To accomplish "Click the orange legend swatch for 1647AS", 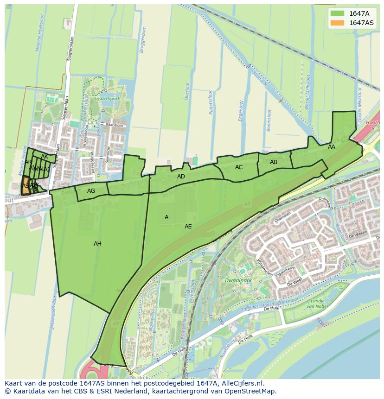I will (x=337, y=23).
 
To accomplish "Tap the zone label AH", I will (x=97, y=244).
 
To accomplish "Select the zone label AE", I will (x=188, y=227).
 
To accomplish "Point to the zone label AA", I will (x=332, y=147).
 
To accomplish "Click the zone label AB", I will (x=274, y=162).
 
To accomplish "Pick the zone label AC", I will (x=239, y=167).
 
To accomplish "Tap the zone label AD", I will (x=181, y=177).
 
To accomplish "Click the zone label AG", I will (x=91, y=191).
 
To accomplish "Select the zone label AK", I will (x=45, y=157).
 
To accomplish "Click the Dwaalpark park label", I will (x=238, y=281).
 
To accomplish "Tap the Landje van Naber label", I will (x=317, y=304).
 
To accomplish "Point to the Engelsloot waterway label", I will (x=241, y=111).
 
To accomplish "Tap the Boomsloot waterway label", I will (x=269, y=120).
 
